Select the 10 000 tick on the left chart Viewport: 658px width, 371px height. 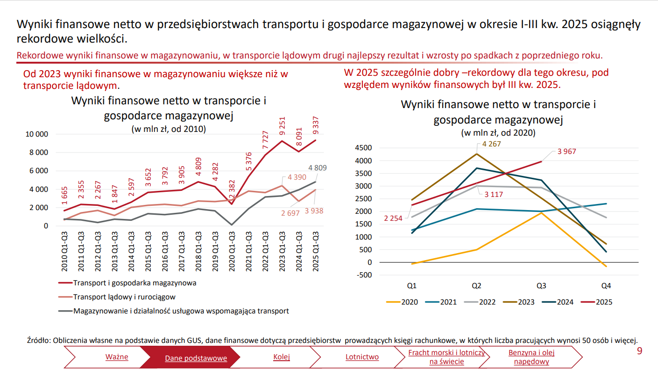click(36, 134)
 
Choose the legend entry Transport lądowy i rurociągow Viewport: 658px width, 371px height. click(124, 297)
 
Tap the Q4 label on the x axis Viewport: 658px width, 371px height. click(606, 285)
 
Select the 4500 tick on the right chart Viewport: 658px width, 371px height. click(364, 148)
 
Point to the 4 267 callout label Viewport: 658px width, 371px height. click(491, 144)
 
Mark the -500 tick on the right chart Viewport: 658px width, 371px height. click(364, 275)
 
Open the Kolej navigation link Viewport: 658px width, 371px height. click(282, 357)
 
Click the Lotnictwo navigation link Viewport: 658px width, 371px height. click(362, 357)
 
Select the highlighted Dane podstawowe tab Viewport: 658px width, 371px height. click(196, 358)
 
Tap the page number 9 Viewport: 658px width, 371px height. click(639, 351)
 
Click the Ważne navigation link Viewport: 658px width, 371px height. click(116, 357)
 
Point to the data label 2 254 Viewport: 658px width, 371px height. click(393, 218)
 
